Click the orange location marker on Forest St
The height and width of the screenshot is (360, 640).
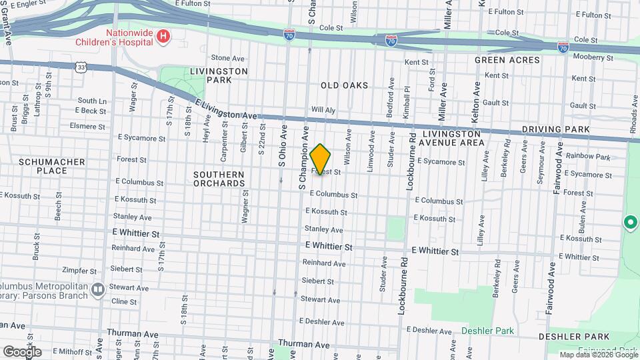(320, 159)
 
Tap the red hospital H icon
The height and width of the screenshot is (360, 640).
(162, 37)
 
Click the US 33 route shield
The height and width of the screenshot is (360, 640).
(81, 67)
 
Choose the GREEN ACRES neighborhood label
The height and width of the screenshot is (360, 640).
(507, 60)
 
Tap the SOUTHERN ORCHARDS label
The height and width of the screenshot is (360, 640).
(219, 179)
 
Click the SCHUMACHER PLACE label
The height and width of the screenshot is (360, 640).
(52, 166)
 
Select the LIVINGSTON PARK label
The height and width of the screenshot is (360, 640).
(219, 75)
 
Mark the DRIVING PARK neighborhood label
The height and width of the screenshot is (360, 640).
(556, 129)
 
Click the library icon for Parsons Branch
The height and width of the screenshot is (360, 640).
(98, 289)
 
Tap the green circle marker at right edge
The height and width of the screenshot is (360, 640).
(629, 223)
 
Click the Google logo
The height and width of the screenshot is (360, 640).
(22, 351)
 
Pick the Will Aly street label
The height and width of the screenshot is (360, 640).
(322, 109)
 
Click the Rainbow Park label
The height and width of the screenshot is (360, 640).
(588, 157)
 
